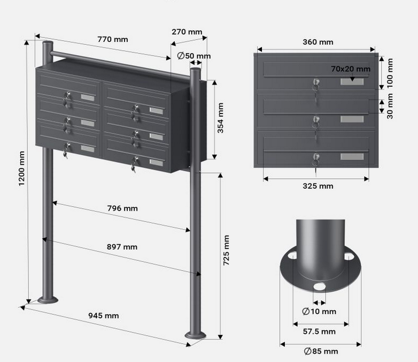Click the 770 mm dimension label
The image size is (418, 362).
click(x=112, y=39)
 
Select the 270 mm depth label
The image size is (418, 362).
click(x=187, y=32)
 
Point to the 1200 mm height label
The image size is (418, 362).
click(x=22, y=169)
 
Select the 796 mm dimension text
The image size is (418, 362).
click(x=122, y=208)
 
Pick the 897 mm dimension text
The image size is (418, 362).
click(x=122, y=246)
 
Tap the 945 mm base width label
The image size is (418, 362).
click(x=104, y=315)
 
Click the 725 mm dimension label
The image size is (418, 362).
click(x=226, y=250)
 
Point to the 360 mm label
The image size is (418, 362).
click(x=318, y=42)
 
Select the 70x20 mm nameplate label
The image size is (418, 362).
click(x=350, y=69)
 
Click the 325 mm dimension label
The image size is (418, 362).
click(x=318, y=186)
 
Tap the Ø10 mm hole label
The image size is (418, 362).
click(x=319, y=311)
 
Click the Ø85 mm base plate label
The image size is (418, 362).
click(x=320, y=351)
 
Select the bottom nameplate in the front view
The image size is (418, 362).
click(x=352, y=157)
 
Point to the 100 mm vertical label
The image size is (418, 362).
click(x=389, y=73)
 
